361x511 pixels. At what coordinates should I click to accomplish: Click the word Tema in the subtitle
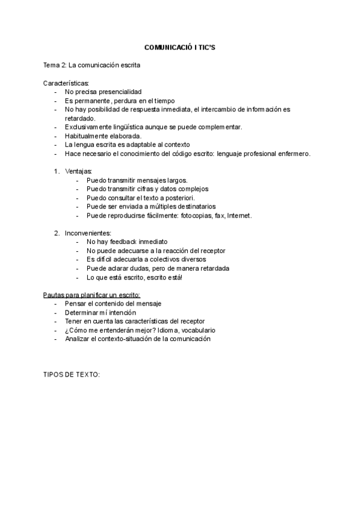(51, 64)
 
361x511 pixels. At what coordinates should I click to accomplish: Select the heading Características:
(66, 83)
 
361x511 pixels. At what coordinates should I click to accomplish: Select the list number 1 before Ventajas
(56, 171)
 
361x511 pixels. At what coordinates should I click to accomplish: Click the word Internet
(239, 215)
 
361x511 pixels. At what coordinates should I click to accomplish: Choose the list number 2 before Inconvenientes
(56, 233)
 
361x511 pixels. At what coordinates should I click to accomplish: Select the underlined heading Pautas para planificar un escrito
(92, 295)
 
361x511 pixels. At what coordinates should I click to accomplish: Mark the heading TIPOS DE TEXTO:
(72, 375)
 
